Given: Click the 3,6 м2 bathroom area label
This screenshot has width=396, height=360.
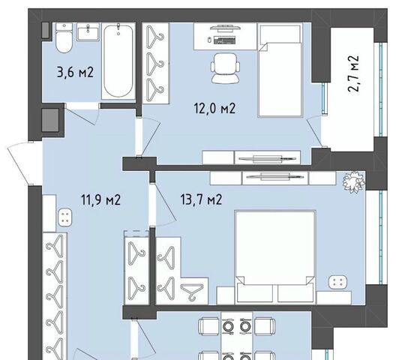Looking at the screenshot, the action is point(76,72).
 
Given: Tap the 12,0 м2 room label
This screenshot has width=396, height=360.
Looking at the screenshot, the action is point(214,109).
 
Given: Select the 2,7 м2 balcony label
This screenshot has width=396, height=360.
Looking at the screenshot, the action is point(353,73).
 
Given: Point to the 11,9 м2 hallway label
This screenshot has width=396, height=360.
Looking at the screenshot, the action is point(101,199).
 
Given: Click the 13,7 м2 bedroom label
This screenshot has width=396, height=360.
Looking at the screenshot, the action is point(201,199).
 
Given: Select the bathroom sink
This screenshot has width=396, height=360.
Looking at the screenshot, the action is point(88,31).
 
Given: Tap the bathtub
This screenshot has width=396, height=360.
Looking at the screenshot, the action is point(118,61).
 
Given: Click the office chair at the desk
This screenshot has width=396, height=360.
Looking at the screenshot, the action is point(225,68).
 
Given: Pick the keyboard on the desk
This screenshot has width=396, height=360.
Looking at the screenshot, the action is point(225,40).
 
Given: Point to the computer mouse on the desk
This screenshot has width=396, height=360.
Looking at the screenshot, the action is point(209,40).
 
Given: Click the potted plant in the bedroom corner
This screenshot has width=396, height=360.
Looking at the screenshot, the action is point(354,181).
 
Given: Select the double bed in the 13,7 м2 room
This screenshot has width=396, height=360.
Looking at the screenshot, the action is point(275,256).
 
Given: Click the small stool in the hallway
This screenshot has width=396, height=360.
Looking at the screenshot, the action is point(65,217).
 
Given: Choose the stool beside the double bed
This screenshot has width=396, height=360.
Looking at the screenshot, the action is point(338,282).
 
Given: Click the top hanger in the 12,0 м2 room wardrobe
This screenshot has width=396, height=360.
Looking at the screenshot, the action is point(154,37).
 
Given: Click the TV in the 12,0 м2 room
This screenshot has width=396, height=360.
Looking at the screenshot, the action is point(267,158).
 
